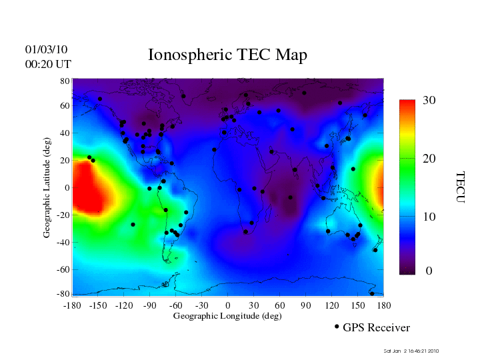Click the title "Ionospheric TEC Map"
click(x=227, y=55)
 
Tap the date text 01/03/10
click(x=46, y=50)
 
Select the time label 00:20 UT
click(x=48, y=65)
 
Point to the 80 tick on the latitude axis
click(x=65, y=81)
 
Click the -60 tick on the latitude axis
click(x=62, y=270)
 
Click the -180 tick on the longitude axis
click(x=72, y=305)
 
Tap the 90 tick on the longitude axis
click(x=306, y=305)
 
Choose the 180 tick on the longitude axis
click(x=384, y=305)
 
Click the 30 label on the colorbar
click(x=429, y=101)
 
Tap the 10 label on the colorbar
click(x=429, y=217)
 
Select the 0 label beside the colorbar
click(x=429, y=271)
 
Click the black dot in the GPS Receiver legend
click(x=337, y=327)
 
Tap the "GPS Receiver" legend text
click(x=376, y=328)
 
